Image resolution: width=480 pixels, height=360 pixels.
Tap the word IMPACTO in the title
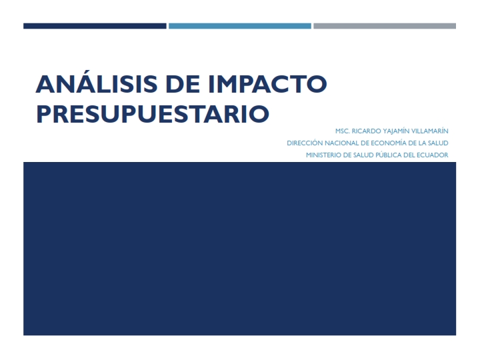267,84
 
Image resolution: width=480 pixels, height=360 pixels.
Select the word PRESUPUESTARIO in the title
153,114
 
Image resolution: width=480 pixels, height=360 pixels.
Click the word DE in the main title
183,84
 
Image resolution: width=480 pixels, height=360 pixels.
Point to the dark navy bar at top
95,26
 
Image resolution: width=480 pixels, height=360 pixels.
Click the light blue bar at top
240,26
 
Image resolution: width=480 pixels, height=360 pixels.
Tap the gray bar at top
385,26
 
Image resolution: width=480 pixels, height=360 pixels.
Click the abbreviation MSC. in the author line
342,131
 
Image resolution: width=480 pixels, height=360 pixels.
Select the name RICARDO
366,131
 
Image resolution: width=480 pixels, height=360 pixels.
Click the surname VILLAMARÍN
430,131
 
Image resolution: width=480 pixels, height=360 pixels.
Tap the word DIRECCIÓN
305,143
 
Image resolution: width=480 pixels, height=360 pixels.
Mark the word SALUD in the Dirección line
439,143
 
